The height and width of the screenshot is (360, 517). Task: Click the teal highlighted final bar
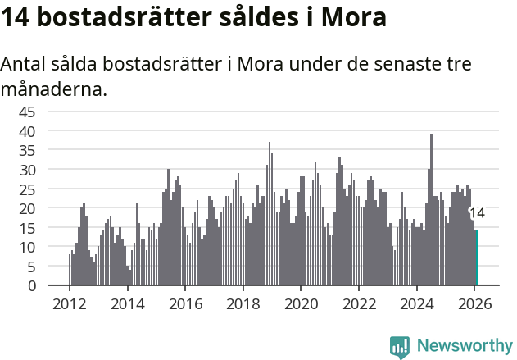tap(477, 258)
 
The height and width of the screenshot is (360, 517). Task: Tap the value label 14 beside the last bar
tap(477, 213)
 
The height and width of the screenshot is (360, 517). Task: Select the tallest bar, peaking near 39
tap(432, 210)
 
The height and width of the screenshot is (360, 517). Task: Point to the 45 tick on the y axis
tap(27, 112)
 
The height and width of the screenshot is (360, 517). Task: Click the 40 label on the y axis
tap(27, 131)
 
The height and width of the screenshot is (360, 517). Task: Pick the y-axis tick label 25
tap(27, 189)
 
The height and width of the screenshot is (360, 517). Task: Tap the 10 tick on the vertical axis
tap(27, 248)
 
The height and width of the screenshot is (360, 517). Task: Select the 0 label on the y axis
tap(31, 286)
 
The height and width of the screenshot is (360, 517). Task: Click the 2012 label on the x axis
tap(69, 303)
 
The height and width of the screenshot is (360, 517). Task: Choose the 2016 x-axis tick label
tap(185, 303)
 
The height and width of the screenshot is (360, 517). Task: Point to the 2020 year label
tap(301, 303)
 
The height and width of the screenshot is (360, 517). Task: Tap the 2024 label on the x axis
tap(417, 303)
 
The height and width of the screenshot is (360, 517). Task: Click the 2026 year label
tap(475, 303)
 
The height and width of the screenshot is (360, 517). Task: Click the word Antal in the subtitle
tap(24, 65)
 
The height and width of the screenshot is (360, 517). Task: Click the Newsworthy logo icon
tap(400, 347)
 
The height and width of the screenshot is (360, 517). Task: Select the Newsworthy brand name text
tap(465, 346)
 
